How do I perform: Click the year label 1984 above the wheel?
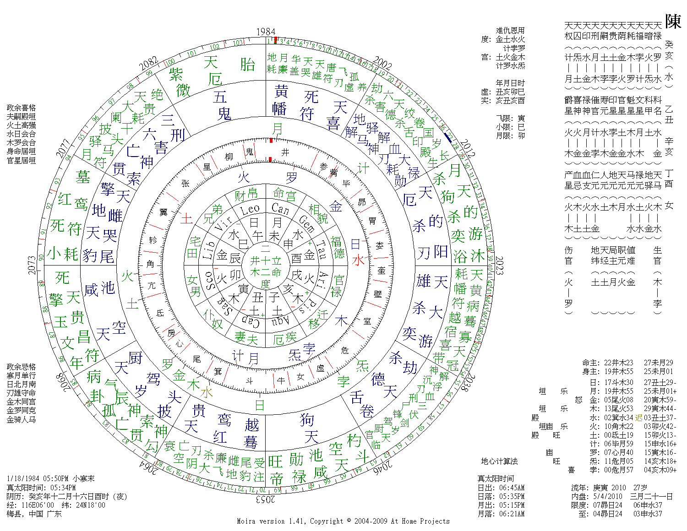coord(266,32)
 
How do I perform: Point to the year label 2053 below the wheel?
coord(266,499)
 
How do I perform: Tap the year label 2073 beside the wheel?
coord(32,265)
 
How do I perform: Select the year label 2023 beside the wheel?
coord(499,265)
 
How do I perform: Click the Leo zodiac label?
coord(250,210)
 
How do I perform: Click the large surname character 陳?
coord(673,22)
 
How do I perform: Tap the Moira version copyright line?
coord(343,521)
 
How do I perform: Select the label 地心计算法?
coord(499,461)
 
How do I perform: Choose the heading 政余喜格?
coord(21,108)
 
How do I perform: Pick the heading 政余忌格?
coord(21,367)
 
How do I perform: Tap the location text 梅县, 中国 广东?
coord(34,514)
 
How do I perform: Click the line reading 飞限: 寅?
coord(510,118)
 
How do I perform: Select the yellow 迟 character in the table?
coord(638,417)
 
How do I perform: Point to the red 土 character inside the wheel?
coord(186,218)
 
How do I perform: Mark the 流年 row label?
coord(579,488)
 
